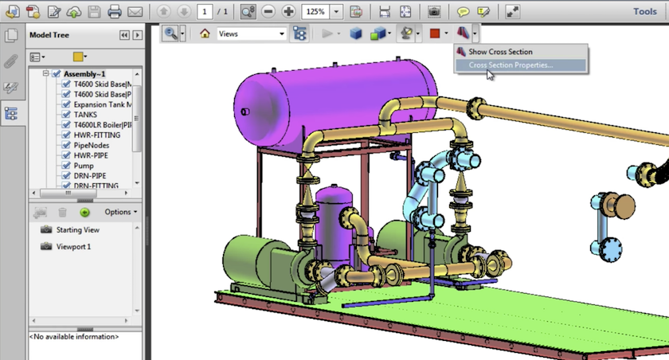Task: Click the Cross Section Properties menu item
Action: pos(511,65)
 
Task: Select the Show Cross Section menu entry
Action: pos(500,52)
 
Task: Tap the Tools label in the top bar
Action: pos(644,11)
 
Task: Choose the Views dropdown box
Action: pos(251,33)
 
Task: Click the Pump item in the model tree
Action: pos(84,165)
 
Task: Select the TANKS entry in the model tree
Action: pos(85,115)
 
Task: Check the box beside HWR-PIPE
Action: pos(67,155)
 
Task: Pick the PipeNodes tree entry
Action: pos(92,145)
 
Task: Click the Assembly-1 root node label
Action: pos(85,74)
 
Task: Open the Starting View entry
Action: pos(77,229)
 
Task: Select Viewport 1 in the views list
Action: pos(73,246)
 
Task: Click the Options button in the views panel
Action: pos(120,212)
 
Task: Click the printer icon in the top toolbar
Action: pos(114,12)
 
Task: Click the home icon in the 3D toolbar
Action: pos(205,33)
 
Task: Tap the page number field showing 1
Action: pos(205,12)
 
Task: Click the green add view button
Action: pos(84,212)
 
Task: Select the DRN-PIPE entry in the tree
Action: pos(90,175)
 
